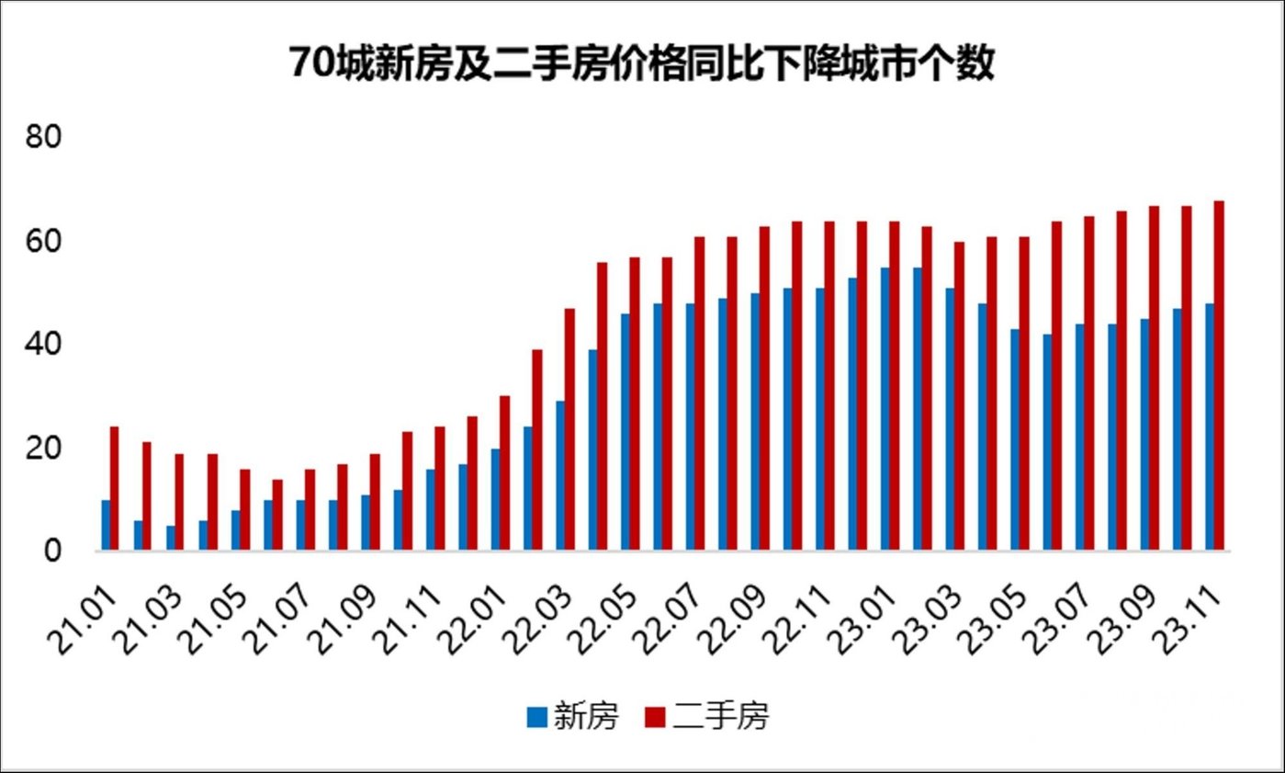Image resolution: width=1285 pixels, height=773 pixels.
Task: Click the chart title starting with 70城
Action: pos(642,65)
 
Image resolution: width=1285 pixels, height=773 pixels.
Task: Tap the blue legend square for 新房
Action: pos(536,717)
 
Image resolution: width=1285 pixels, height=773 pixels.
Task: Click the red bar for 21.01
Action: pos(115,489)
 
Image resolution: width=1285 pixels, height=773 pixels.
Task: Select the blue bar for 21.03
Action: pos(171,539)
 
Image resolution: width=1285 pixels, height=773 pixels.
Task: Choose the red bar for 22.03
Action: pos(569,430)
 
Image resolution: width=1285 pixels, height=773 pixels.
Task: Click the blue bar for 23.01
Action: pos(885,409)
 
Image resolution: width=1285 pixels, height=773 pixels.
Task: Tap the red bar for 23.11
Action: pos(1219,376)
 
